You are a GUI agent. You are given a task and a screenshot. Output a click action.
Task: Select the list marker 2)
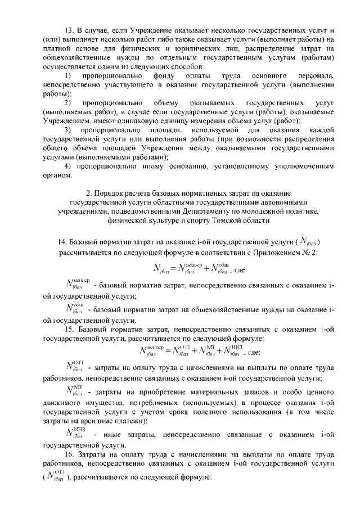(67, 103)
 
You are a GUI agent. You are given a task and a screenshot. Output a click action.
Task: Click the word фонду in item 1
(164, 75)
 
